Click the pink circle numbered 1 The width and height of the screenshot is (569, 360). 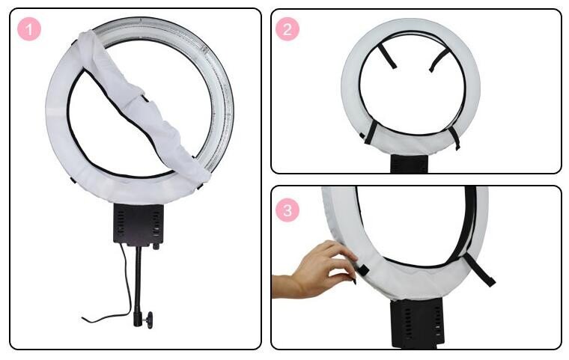click(29, 29)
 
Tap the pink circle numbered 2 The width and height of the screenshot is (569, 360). click(287, 29)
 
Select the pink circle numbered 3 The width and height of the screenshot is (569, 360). click(287, 210)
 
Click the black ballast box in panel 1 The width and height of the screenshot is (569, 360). click(139, 225)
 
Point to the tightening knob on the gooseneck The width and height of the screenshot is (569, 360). click(149, 320)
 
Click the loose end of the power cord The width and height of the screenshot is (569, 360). click(83, 319)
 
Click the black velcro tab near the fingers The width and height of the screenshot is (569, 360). click(362, 270)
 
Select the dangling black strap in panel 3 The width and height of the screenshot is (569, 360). click(479, 269)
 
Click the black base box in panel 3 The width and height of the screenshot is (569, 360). click(418, 324)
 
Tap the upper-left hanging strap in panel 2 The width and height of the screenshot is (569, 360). click(386, 56)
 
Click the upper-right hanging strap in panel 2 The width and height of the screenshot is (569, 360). click(439, 60)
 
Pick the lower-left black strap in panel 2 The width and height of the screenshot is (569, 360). click(371, 132)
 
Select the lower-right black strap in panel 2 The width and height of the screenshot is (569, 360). click(454, 138)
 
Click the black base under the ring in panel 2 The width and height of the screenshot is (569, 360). click(410, 164)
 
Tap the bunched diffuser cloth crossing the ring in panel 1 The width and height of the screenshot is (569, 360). click(142, 106)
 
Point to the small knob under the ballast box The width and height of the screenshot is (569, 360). click(156, 247)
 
